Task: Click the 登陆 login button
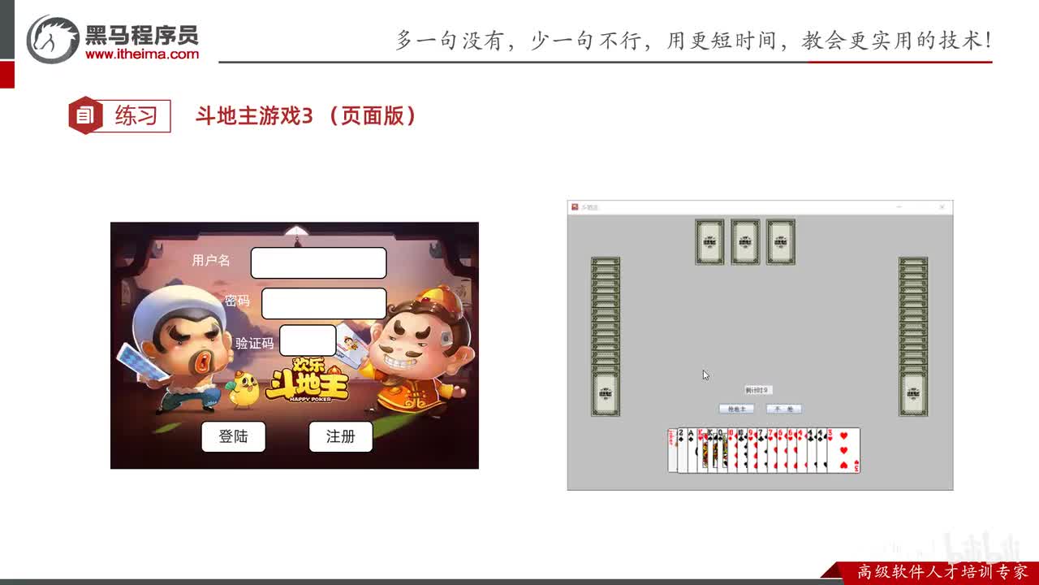[x=233, y=436]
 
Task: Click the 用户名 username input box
[x=318, y=262]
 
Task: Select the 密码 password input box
[x=324, y=303]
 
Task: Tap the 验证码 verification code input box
[x=307, y=340]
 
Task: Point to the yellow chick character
[x=243, y=391]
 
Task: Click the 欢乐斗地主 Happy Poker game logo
[x=308, y=381]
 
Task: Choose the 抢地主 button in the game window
[x=736, y=409]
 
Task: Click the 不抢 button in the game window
[x=783, y=409]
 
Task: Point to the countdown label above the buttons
[x=757, y=391]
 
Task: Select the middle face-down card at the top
[x=745, y=241]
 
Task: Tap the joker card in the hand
[x=671, y=451]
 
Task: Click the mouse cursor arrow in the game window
[x=705, y=375]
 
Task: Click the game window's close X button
[x=942, y=207]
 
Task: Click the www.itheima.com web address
[x=142, y=54]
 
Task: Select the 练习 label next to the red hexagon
[x=136, y=115]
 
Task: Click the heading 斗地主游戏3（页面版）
[x=306, y=115]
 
